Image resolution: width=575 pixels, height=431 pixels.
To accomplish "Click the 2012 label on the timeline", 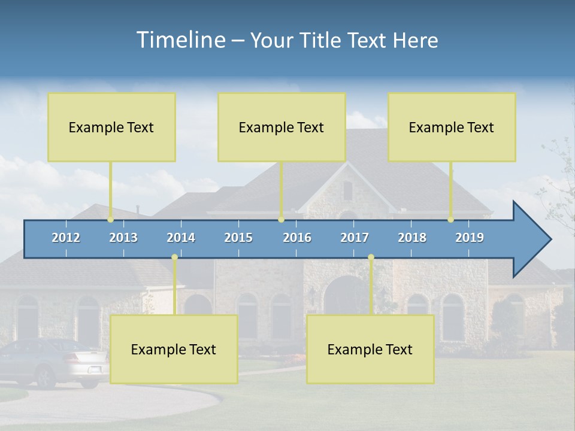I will pyautogui.click(x=66, y=238).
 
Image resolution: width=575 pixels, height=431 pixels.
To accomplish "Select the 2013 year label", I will pyautogui.click(x=123, y=238).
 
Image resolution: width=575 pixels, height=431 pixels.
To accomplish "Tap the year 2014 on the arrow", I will pyautogui.click(x=181, y=238).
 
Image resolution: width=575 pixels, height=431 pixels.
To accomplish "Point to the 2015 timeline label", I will pyautogui.click(x=238, y=238).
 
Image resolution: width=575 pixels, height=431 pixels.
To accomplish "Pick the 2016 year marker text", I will pyautogui.click(x=297, y=238).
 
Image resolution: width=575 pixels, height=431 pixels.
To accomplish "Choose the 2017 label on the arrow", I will pyautogui.click(x=355, y=238).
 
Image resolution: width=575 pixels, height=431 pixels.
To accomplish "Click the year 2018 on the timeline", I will pyautogui.click(x=412, y=238).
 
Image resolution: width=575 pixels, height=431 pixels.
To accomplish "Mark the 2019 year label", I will pyautogui.click(x=470, y=238).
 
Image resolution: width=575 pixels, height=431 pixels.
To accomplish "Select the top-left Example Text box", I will pyautogui.click(x=111, y=127).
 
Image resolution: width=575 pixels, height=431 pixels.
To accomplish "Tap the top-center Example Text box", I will pyautogui.click(x=282, y=127).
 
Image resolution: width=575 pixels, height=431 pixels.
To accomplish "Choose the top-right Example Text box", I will pyautogui.click(x=452, y=127).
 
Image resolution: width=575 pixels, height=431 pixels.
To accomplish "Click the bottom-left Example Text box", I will pyautogui.click(x=174, y=349).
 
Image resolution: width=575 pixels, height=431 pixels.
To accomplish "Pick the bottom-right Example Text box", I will pyautogui.click(x=370, y=349).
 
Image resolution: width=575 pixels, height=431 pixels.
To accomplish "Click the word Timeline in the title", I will pyautogui.click(x=180, y=40).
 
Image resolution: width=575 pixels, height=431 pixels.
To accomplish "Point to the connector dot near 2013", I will pyautogui.click(x=111, y=220).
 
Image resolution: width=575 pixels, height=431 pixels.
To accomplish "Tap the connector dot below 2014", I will pyautogui.click(x=174, y=257).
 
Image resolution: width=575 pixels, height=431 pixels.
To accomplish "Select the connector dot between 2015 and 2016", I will pyautogui.click(x=281, y=220).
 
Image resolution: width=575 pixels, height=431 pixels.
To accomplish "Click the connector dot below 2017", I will pyautogui.click(x=371, y=257).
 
